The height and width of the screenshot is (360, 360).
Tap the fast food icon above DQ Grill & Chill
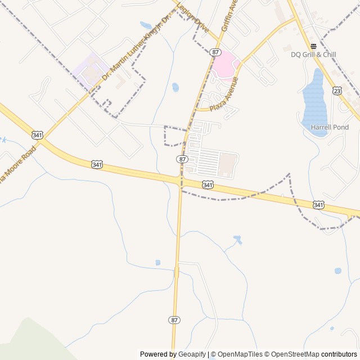coord(313,46)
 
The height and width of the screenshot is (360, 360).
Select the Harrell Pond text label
coord(330,127)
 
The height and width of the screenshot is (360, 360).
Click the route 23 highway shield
coord(336,90)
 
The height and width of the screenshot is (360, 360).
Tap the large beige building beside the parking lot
coord(227,163)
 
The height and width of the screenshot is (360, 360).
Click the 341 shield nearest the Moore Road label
coord(37,135)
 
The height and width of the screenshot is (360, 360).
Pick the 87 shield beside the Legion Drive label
coord(215,52)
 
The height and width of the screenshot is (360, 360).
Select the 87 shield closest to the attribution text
coord(174,319)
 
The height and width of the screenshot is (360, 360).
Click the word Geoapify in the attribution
coord(192,354)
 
